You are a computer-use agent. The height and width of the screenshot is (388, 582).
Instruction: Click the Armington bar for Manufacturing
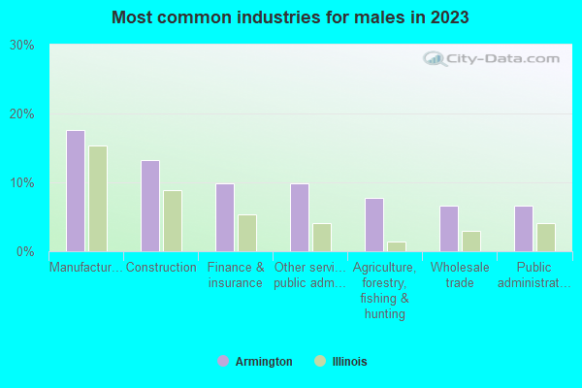point(75,191)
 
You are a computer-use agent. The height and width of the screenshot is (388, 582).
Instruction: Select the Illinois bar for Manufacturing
point(98,199)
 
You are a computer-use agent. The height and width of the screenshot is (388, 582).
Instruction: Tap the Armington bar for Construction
point(149,206)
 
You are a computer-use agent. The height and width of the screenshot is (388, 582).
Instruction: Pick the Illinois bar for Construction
point(173,221)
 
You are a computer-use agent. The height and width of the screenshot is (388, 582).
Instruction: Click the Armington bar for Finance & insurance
point(224,217)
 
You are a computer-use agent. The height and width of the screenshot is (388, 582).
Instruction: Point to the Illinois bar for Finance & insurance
point(247,233)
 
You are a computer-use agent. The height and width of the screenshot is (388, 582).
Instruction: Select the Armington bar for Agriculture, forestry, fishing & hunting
point(373,225)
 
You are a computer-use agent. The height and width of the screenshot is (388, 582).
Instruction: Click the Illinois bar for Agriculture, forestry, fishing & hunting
point(397,246)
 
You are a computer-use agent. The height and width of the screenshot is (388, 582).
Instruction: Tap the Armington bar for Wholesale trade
point(448,229)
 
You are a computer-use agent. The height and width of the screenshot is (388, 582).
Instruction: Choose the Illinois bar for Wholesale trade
point(471,242)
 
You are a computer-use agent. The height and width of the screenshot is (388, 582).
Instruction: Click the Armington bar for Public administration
point(523,229)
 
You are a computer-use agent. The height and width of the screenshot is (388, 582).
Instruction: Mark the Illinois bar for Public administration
point(546,238)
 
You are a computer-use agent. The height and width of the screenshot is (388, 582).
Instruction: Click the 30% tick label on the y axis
point(21,46)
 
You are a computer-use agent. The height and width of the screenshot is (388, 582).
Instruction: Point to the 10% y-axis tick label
point(21,183)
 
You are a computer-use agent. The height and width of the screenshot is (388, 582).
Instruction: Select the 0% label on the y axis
point(25,252)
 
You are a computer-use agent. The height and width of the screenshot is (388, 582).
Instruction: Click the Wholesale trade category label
point(460,275)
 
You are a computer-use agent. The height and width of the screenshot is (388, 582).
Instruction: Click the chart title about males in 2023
point(291,17)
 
